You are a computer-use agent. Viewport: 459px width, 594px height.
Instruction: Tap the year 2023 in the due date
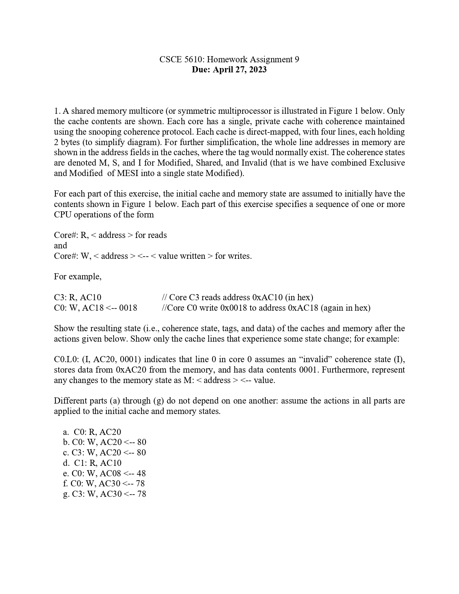click(257, 69)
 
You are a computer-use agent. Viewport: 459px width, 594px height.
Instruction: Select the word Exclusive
click(387, 163)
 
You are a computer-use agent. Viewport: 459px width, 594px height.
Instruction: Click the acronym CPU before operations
click(63, 215)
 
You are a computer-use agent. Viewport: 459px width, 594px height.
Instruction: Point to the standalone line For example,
click(78, 276)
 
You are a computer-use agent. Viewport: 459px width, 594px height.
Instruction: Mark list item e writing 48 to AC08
click(104, 473)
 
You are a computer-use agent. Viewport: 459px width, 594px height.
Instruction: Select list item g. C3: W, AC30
click(104, 494)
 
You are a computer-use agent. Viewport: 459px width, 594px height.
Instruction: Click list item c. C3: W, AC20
click(104, 453)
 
